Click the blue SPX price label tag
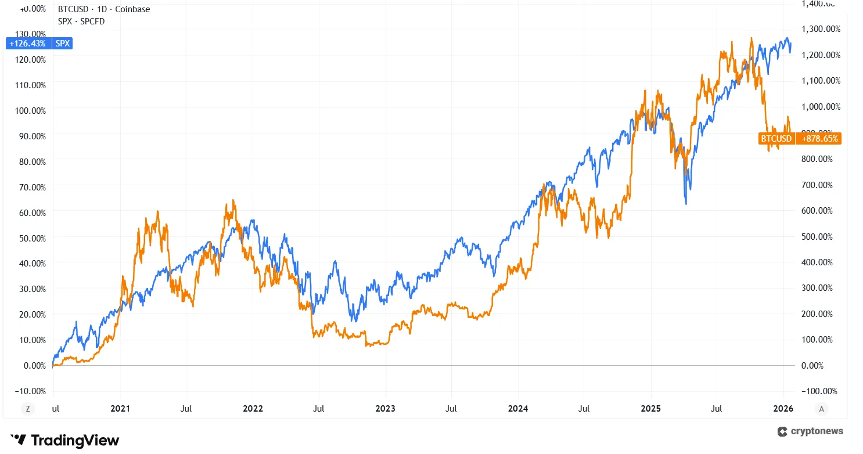(x=63, y=43)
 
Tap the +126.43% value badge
(x=28, y=43)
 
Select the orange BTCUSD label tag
(x=776, y=139)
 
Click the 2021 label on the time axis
(x=120, y=409)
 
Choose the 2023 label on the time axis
(x=385, y=409)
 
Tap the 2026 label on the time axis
(x=783, y=409)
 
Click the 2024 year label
(x=518, y=409)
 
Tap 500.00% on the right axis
(x=817, y=237)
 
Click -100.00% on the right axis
(x=818, y=391)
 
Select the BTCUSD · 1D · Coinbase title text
(x=104, y=9)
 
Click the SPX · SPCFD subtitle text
(x=81, y=21)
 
